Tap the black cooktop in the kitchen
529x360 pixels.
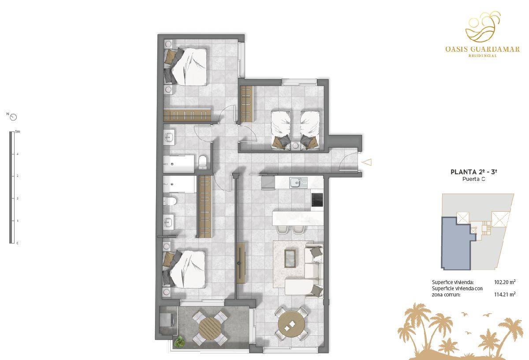tap(317, 199)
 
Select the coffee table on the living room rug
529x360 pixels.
tap(290, 259)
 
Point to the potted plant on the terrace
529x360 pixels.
tap(180, 342)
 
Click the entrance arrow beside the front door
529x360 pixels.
tap(367, 162)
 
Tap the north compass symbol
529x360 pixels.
tap(14, 117)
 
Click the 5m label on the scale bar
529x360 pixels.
tap(18, 131)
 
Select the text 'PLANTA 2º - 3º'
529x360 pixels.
tap(474, 172)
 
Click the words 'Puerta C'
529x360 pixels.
tap(474, 179)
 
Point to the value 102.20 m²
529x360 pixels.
tap(505, 282)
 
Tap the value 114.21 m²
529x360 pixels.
tap(505, 295)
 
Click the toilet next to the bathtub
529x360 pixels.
tap(203, 162)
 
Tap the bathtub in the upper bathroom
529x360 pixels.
tap(179, 164)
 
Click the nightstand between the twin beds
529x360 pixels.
tap(295, 146)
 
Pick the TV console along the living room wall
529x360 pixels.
tap(241, 263)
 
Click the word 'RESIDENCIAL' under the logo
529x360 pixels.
tap(482, 56)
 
